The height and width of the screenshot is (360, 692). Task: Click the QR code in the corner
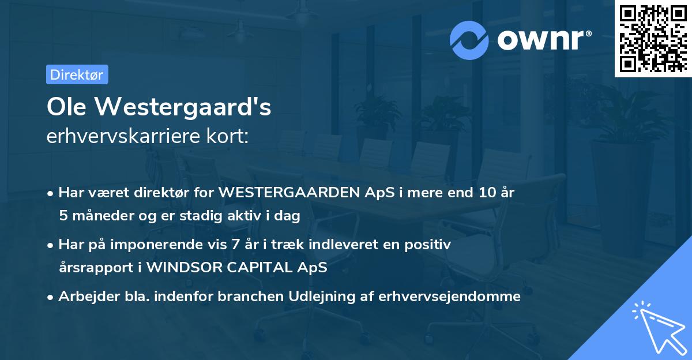point(653,38)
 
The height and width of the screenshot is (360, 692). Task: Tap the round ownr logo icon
point(469,39)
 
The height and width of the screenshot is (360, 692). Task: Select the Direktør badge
point(77,74)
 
